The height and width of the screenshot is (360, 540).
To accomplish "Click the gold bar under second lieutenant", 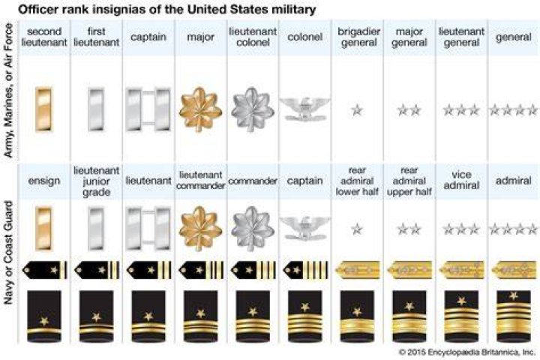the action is pyautogui.click(x=44, y=109).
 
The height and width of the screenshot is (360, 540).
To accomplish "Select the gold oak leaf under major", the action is pyautogui.click(x=200, y=109).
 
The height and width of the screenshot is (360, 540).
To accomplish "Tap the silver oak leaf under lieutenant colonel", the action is pyautogui.click(x=253, y=109).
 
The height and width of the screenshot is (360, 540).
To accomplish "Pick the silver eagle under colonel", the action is pyautogui.click(x=304, y=109).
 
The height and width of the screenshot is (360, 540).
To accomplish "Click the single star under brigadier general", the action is pyautogui.click(x=357, y=110).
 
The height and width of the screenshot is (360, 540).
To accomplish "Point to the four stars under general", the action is pyautogui.click(x=514, y=110).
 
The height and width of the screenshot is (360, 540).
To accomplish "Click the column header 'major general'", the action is pyautogui.click(x=409, y=37).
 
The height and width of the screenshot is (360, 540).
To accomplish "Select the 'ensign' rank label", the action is pyautogui.click(x=44, y=181).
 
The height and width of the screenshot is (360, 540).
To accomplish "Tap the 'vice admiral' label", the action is pyautogui.click(x=461, y=180).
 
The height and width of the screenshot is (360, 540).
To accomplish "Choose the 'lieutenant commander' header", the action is pyautogui.click(x=200, y=180).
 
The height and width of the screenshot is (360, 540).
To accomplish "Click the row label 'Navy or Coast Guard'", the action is pyautogui.click(x=8, y=253).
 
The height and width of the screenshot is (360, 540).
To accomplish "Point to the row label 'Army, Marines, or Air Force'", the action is pyautogui.click(x=8, y=90).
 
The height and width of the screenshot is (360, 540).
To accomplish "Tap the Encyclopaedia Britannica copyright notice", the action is pyautogui.click(x=467, y=352).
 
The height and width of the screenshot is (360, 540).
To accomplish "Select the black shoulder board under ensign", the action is pyautogui.click(x=45, y=270).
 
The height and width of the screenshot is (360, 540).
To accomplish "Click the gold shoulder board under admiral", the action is pyautogui.click(x=514, y=270).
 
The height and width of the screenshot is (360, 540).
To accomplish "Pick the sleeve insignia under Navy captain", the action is pyautogui.click(x=304, y=316).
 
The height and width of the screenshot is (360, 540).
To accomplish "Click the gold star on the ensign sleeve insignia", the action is pyautogui.click(x=44, y=321).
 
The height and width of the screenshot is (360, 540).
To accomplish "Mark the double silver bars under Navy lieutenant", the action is pyautogui.click(x=148, y=229).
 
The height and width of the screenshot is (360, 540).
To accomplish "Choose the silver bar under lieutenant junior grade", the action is pyautogui.click(x=96, y=229).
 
